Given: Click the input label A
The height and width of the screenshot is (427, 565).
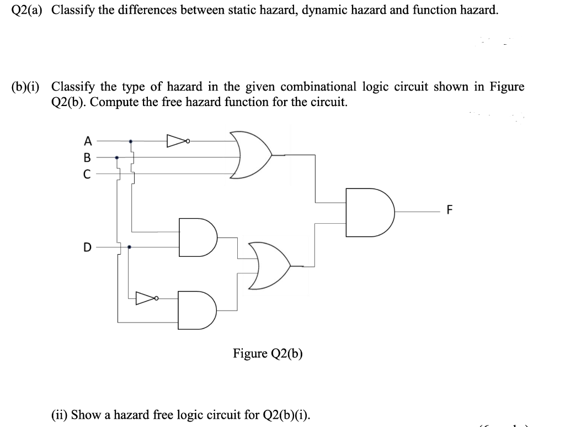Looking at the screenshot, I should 86,141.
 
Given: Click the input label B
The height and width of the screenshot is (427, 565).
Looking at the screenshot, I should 86,157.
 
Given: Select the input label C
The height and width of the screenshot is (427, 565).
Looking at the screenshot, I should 86,174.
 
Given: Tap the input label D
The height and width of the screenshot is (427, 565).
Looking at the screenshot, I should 87,247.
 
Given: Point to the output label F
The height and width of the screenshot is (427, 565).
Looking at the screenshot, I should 449,210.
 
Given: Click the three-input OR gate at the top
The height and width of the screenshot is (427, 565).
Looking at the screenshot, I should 251,155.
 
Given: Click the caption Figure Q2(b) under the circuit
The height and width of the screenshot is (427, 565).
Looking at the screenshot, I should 268,353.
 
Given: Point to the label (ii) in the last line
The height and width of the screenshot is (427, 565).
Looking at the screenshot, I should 59,414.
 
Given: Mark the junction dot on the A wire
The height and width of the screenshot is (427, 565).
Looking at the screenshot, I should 131,141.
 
